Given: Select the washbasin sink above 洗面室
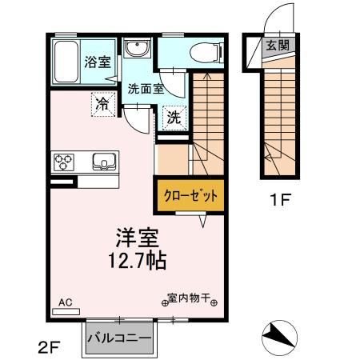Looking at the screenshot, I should (137, 50).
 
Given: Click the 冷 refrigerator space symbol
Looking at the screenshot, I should (103, 103).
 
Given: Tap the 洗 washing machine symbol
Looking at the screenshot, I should (174, 118).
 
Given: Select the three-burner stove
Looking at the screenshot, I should (64, 162).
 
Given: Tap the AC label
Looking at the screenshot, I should (66, 302).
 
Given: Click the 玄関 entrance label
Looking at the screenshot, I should (278, 45).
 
